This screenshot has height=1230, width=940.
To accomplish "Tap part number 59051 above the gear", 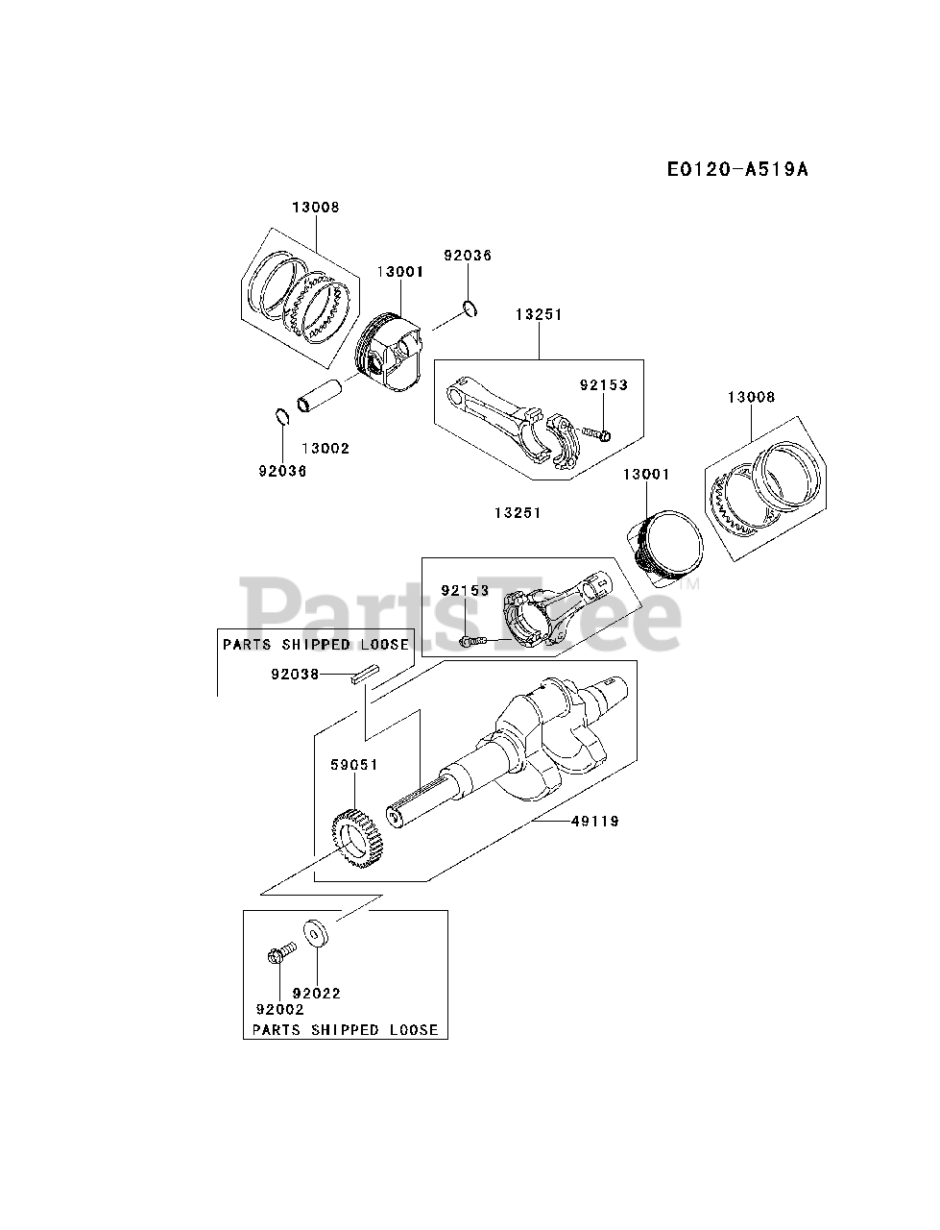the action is point(354,765).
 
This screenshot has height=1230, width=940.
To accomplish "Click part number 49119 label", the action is point(595,822).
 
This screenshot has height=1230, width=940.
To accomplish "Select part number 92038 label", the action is point(294,675).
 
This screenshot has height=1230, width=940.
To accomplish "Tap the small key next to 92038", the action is point(367,675).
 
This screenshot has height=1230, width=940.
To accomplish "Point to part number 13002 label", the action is point(325,449).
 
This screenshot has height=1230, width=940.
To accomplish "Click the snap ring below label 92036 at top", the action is point(470,308).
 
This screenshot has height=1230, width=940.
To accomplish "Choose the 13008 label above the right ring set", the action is point(751,397).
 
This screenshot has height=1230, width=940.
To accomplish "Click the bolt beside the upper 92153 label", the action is point(600,433).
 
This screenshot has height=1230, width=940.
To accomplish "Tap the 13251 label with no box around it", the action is point(518,513).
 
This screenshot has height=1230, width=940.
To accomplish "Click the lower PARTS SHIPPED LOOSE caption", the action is point(345,1029).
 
